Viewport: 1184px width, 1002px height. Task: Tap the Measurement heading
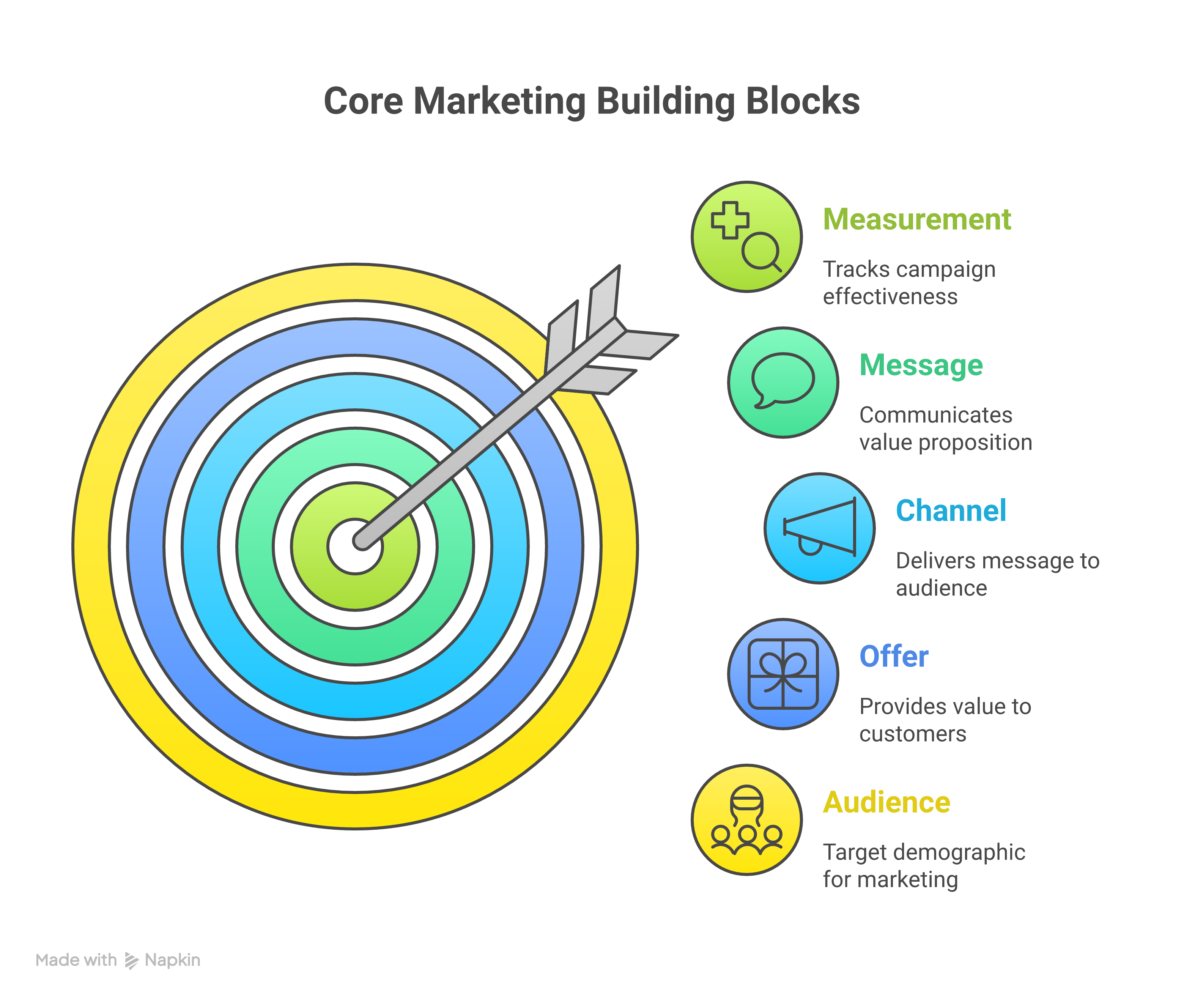click(x=916, y=219)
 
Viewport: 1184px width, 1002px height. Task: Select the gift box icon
click(x=783, y=674)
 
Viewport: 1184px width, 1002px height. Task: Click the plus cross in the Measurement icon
click(x=730, y=220)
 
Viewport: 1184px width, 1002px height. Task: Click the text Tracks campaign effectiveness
click(x=908, y=283)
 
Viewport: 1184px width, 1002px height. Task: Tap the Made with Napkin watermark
click(x=118, y=960)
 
